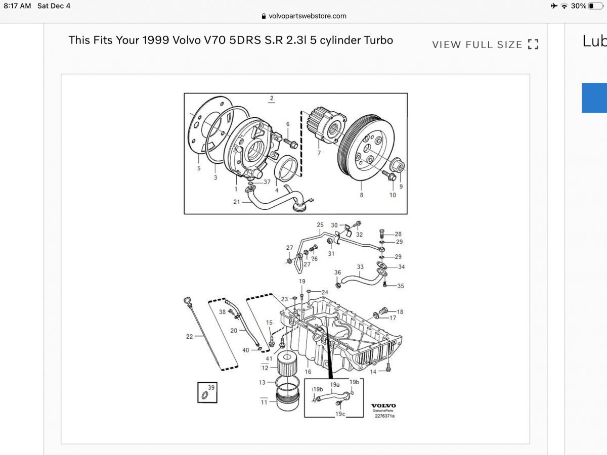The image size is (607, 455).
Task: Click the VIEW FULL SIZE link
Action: coord(485,44)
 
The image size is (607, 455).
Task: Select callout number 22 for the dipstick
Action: coord(189,337)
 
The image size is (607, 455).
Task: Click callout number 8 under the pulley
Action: coord(361,195)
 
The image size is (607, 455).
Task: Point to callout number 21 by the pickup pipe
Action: coord(236,202)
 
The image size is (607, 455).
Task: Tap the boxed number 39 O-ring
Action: coord(207,392)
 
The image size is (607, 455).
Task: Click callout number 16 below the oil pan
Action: coord(308,372)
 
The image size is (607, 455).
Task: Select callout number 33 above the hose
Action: coord(360,267)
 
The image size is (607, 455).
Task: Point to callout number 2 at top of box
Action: coord(272,98)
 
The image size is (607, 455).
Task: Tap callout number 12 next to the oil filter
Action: coord(265,368)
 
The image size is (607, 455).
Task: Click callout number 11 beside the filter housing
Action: coord(264,402)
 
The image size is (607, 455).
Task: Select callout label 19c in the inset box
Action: coord(340,414)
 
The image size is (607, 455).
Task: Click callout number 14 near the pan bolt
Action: coord(373,372)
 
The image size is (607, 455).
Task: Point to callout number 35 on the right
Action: coord(401,286)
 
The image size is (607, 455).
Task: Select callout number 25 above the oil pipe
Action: coord(320,224)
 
